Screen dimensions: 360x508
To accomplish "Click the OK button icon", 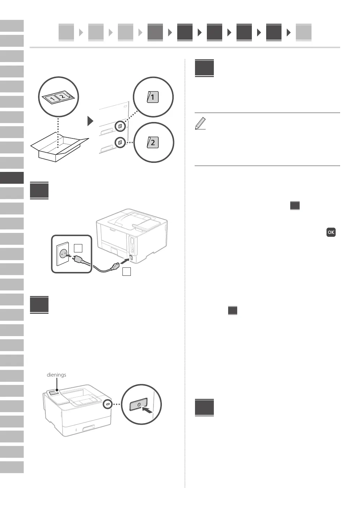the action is tap(331, 232).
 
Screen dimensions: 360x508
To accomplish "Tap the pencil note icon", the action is tap(200, 124).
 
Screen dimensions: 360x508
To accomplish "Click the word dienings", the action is tap(56, 375).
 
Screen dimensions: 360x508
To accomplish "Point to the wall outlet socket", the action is tap(63, 254).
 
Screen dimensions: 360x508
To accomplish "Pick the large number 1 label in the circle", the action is tap(153, 97).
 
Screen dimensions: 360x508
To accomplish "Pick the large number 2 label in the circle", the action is tap(153, 142).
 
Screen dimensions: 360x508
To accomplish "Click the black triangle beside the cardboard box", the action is tap(90, 121).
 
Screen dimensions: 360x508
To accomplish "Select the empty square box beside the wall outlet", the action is tap(78, 248).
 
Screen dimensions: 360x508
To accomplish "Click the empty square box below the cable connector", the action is tap(127, 272).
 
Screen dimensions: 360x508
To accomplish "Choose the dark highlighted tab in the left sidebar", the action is tap(12, 178).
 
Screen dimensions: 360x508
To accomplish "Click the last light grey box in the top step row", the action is tap(303, 32).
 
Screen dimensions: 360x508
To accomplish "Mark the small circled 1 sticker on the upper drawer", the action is tap(120, 126).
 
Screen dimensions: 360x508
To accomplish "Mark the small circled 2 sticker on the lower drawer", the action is tap(120, 142).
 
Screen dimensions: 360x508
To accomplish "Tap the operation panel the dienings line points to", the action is tap(54, 393).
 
